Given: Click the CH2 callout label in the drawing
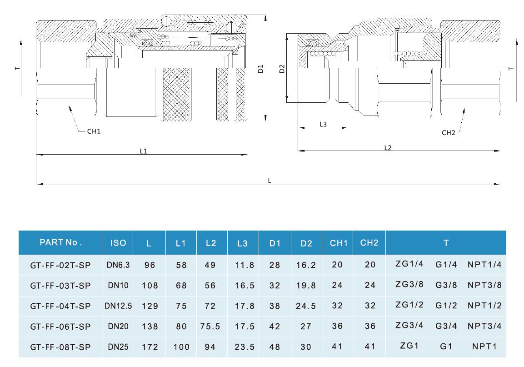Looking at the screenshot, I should click(x=448, y=133).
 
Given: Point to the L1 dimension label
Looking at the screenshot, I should click(x=144, y=151).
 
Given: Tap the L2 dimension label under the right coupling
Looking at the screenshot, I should click(x=388, y=148).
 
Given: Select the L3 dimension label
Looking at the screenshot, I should click(x=323, y=124).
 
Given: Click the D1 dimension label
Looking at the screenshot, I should click(x=260, y=69).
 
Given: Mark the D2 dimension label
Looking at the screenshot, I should click(x=282, y=69).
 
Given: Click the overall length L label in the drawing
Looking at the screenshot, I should click(x=269, y=181).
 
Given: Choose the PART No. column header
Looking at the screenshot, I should click(x=60, y=242).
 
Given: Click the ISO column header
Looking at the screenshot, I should click(x=118, y=243).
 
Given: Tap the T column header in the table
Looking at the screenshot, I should click(x=446, y=243).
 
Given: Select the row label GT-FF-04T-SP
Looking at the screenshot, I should click(x=60, y=306).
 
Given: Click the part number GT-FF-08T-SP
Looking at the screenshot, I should click(x=60, y=347).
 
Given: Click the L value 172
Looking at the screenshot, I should click(x=150, y=347).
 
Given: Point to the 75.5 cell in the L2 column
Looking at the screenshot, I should click(x=210, y=327).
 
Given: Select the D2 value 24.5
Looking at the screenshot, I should click(x=306, y=306).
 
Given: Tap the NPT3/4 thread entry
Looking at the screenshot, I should click(x=484, y=326).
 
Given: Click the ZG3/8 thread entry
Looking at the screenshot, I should click(x=409, y=285).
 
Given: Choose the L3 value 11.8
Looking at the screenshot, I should click(x=244, y=265).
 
